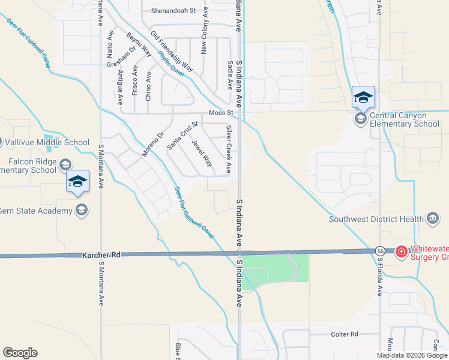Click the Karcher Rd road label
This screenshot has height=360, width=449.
[x=101, y=255]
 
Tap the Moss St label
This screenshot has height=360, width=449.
[x=220, y=113]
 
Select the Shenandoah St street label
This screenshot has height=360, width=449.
[x=173, y=11]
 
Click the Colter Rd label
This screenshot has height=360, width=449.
[x=345, y=334]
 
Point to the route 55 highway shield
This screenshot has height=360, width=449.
[x=380, y=250]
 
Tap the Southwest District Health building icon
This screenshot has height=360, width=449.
[x=433, y=219]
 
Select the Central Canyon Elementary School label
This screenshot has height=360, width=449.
[x=405, y=119]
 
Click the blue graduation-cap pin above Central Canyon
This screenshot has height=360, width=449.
[x=363, y=97]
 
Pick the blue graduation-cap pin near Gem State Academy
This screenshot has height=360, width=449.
[x=77, y=182]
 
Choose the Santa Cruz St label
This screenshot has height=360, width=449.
[x=182, y=135]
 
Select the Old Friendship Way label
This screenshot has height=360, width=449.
[x=171, y=52]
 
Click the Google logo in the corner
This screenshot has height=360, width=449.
[x=20, y=353]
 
